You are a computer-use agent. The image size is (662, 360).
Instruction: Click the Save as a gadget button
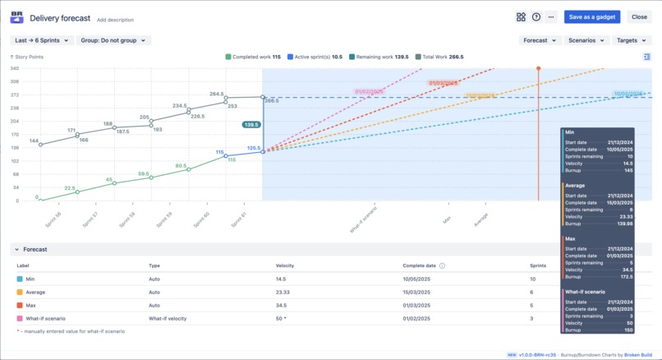click(x=592, y=16)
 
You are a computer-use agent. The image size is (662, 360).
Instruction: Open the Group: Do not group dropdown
click(x=114, y=40)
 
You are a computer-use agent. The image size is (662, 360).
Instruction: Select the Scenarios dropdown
click(x=586, y=40)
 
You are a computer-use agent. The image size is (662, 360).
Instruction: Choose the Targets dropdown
click(x=632, y=40)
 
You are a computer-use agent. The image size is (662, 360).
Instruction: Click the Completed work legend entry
click(x=253, y=57)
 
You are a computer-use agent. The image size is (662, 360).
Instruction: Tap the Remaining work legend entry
click(x=379, y=57)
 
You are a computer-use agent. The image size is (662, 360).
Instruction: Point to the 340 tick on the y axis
click(x=15, y=69)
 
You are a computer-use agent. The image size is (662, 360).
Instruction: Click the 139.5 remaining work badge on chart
click(x=251, y=125)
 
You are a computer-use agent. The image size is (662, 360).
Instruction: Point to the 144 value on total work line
click(x=34, y=141)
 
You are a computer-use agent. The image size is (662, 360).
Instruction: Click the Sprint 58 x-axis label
click(x=128, y=220)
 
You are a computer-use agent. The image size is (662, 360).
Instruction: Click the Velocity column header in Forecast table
click(x=285, y=265)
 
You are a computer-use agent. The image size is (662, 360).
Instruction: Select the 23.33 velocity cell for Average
click(x=283, y=292)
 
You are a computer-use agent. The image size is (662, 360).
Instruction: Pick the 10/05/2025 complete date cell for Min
click(x=418, y=279)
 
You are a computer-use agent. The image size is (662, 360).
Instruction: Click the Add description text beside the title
click(x=115, y=20)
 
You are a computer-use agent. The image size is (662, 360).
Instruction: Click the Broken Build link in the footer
click(x=639, y=355)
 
